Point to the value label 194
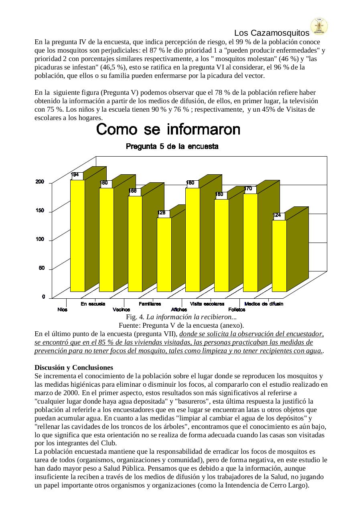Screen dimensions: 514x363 [75, 175]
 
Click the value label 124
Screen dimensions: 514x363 [277, 215]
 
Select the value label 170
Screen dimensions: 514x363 [248, 188]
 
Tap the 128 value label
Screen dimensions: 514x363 [162, 213]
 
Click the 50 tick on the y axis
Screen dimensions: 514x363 [42, 268]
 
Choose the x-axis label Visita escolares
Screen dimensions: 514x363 [207, 304]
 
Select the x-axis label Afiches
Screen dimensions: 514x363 [179, 310]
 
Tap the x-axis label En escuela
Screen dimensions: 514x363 [93, 304]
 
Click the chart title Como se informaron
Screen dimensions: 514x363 [168, 130]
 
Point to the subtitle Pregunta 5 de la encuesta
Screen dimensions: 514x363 [172, 146]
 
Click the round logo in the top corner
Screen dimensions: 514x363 [319, 26]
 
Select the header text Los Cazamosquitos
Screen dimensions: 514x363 [272, 33]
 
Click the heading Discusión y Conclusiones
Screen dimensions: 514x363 [74, 367]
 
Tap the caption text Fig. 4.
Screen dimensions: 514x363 [136, 317]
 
